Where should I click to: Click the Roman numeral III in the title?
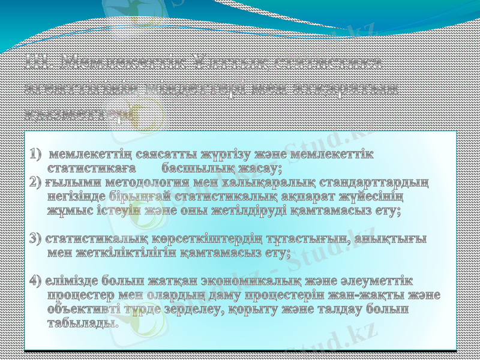pos(40,63)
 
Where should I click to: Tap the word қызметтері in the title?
pos(78,112)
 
